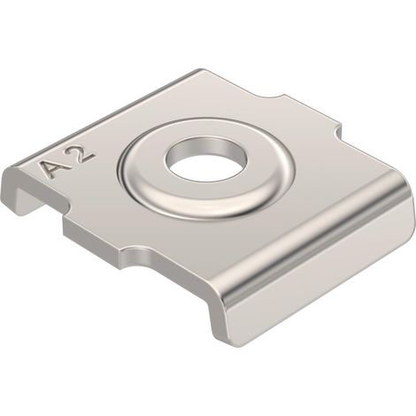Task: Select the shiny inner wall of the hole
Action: (206, 147)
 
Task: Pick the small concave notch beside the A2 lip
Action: (67, 206)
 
